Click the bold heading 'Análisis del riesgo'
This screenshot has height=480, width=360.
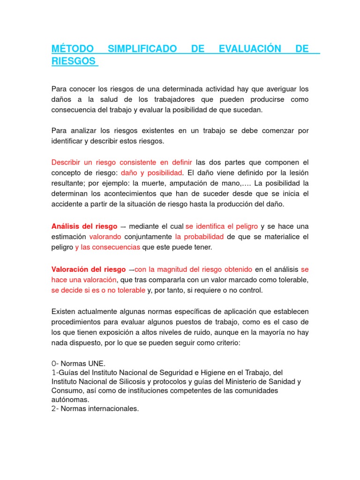click(x=84, y=226)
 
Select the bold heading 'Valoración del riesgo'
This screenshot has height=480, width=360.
click(x=88, y=270)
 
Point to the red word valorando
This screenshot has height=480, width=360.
click(x=105, y=236)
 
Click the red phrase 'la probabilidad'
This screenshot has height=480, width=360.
click(x=199, y=236)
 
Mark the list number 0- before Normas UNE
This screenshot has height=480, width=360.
click(x=54, y=364)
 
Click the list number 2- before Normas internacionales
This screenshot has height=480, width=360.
click(x=54, y=409)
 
